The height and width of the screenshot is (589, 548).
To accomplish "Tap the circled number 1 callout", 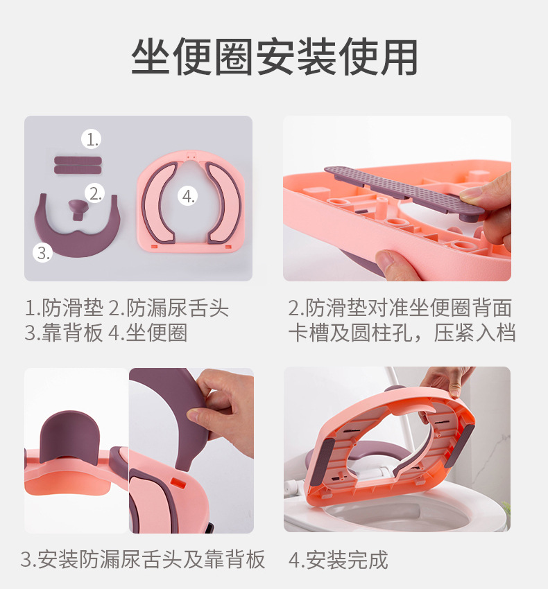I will point(92,139).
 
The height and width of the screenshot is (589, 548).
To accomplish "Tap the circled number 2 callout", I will point(95,193).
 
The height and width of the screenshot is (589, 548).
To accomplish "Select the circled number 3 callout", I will point(43,252).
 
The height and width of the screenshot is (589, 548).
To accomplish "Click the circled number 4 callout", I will point(188,196).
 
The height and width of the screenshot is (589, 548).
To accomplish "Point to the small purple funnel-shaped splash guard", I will point(76,207).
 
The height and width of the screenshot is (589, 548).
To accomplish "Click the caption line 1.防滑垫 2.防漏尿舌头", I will point(126,308).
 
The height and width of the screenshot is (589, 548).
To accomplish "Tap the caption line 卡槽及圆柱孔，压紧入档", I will point(402,333).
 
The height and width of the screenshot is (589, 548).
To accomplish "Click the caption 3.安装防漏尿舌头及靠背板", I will point(143,560).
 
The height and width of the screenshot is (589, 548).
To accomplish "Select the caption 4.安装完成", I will point(338,560).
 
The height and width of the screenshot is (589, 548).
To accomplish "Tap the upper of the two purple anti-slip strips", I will point(78,159).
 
